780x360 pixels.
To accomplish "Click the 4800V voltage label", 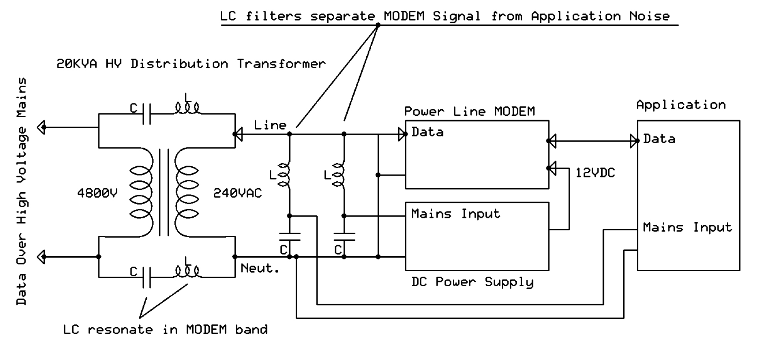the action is [97, 193].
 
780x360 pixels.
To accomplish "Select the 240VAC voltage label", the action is [237, 193].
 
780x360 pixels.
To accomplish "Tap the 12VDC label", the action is [595, 173].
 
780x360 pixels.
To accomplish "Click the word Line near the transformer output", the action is [270, 125].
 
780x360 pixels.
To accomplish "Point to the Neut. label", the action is [260, 268].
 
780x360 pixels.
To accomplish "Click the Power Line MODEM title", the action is [469, 112].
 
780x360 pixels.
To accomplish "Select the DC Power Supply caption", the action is [472, 282].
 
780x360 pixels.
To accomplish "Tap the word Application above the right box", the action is [681, 105].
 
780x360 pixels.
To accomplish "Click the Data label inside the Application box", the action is [659, 139].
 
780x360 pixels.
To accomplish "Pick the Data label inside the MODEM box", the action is [427, 132].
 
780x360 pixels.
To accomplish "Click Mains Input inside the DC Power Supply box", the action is [455, 214].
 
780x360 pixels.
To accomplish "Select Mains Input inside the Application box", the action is [687, 227].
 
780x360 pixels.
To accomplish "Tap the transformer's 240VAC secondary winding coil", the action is [187, 192].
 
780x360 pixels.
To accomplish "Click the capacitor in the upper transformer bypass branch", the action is [147, 114].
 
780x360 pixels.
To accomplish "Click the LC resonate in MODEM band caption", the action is [165, 330].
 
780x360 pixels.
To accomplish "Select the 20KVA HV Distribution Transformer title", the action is [191, 64].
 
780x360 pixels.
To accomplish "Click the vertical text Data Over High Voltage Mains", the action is [22, 191].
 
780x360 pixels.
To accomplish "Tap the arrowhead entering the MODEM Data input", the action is [403, 134].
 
